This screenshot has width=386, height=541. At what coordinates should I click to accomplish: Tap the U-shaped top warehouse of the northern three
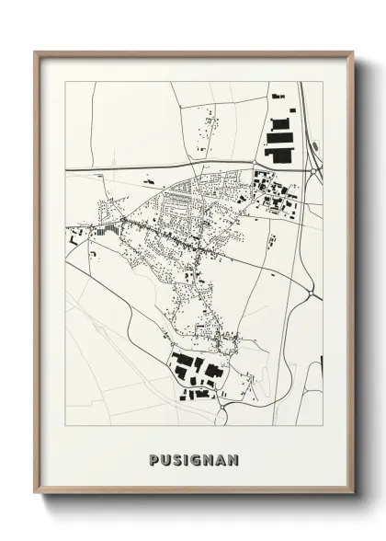pos(281,123)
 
